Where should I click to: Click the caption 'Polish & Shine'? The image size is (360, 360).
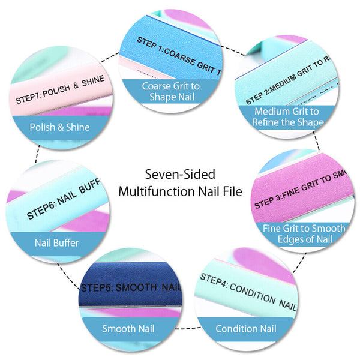tap(59, 127)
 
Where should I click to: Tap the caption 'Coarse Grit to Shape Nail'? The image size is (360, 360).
tap(171, 91)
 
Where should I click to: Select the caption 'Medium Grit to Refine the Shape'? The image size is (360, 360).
tap(286, 117)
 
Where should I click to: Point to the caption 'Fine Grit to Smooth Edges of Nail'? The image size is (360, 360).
tap(304, 233)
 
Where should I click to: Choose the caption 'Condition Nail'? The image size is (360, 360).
tap(247, 328)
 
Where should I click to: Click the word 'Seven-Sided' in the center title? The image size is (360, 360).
tap(180, 175)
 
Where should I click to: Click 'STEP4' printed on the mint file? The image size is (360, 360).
tap(213, 279)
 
